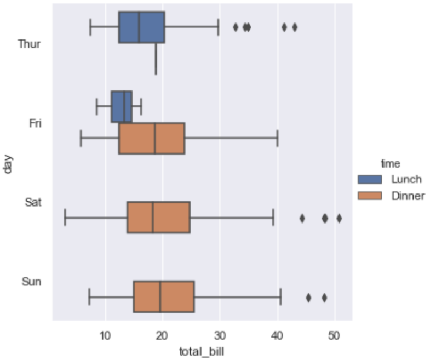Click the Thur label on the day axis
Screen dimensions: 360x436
29,44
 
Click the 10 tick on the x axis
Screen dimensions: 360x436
105,333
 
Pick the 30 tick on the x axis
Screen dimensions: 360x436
220,333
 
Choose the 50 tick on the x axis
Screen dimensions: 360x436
334,333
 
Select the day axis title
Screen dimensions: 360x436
8,163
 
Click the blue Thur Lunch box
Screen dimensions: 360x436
141,27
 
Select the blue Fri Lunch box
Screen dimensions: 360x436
122,106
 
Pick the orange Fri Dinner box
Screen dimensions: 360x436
152,139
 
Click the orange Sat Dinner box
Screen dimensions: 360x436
158,218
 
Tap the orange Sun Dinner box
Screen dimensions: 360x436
163,297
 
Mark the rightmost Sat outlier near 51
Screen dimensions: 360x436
339,218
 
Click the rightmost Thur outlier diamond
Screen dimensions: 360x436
295,27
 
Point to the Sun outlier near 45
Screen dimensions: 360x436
308,298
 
